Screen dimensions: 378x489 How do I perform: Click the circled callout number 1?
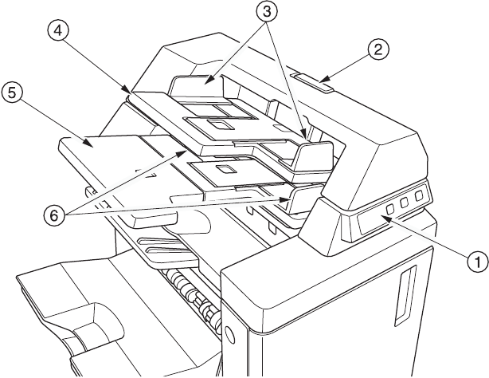pyautogui.click(x=477, y=259)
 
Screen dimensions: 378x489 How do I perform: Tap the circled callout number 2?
pyautogui.click(x=378, y=49)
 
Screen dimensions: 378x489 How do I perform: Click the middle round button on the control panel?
pyautogui.click(x=404, y=203)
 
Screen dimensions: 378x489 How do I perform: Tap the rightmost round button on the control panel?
pyautogui.click(x=419, y=196)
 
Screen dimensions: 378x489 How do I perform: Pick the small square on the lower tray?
pyautogui.click(x=225, y=170)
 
